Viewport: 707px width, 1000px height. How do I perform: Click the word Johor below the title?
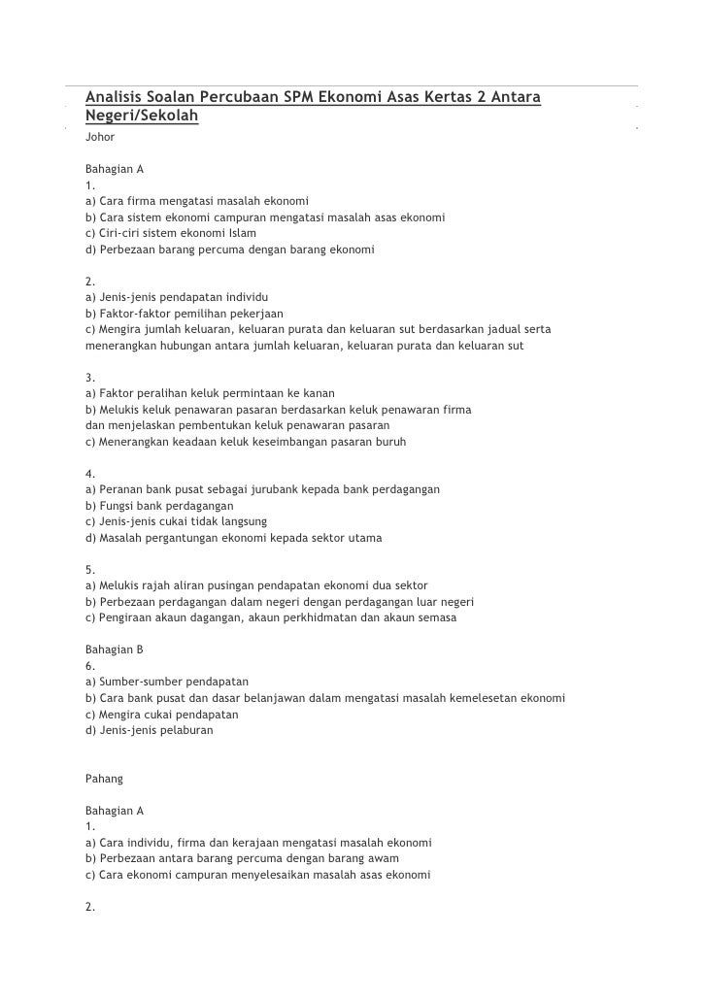tap(100, 138)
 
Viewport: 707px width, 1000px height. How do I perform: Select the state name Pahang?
tap(105, 778)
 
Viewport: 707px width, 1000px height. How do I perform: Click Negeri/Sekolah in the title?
tap(142, 117)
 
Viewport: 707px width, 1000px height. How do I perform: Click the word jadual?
tap(501, 329)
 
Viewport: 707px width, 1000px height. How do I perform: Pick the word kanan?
tap(319, 393)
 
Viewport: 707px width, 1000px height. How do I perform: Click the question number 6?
tap(89, 666)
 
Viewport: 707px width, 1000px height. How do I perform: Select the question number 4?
tap(89, 474)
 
